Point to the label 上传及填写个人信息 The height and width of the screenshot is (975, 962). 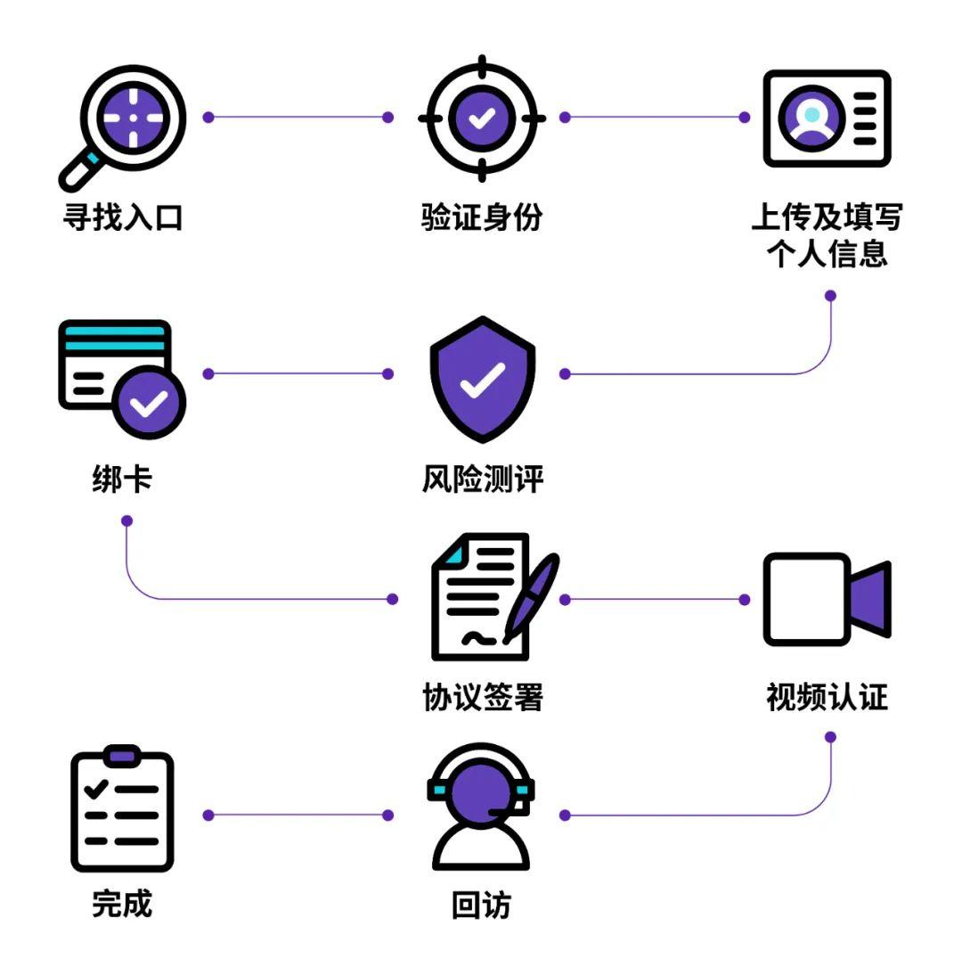click(827, 236)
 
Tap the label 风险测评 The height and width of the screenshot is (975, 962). click(482, 480)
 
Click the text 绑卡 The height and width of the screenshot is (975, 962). click(122, 480)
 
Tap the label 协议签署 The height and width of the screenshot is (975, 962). click(482, 698)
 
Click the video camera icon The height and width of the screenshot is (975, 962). click(827, 600)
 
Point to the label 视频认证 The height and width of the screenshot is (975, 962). click(827, 698)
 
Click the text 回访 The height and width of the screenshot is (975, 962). click(482, 906)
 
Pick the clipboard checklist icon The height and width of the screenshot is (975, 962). click(122, 810)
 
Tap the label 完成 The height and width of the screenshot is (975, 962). click(122, 905)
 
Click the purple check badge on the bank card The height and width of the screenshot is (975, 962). click(150, 404)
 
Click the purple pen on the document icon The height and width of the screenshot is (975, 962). click(531, 597)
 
